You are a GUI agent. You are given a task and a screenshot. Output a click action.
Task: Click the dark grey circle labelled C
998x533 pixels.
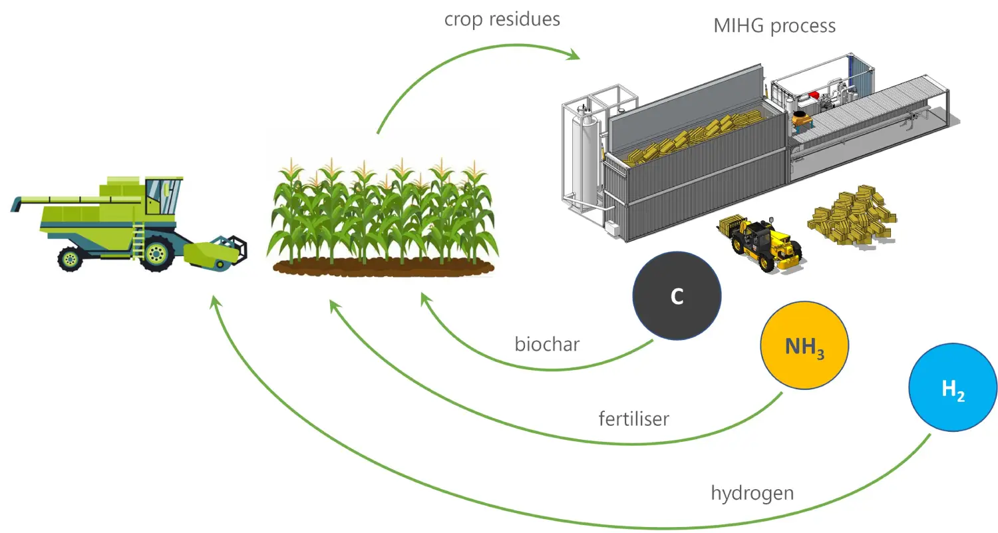coord(677,296)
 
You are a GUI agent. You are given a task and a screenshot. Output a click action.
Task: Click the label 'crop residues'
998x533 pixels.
coord(502,19)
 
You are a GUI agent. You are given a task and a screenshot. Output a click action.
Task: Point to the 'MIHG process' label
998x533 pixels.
coord(774,26)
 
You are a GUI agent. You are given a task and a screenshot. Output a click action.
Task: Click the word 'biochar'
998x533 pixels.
coord(547,344)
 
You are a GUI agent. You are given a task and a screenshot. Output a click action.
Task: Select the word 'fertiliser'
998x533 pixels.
coord(633,419)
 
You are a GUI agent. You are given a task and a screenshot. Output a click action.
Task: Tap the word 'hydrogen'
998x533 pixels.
coord(752,493)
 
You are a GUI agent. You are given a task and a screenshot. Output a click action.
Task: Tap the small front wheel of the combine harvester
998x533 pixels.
coord(70,258)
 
